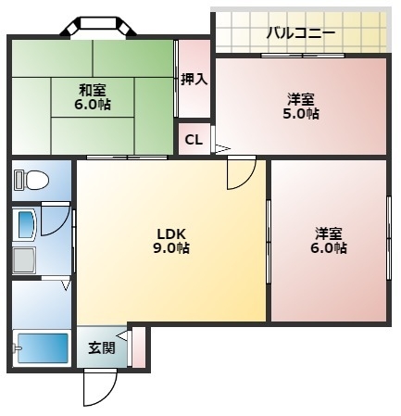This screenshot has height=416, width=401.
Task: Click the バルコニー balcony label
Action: pos(300,33)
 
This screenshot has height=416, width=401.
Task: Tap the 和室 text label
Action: pos(92,90)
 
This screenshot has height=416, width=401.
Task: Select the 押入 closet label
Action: pos(194,80)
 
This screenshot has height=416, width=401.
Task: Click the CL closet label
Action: pos(194,140)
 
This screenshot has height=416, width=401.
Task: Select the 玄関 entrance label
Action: pos(102,348)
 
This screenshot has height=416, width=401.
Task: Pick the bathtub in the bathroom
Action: pos(42,348)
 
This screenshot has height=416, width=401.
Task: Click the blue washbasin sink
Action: pos(26,223)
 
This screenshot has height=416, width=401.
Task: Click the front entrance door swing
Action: pos(98,387)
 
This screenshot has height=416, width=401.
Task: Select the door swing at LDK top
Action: pos(241,172)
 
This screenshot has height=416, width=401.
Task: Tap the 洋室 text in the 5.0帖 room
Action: pos(301,97)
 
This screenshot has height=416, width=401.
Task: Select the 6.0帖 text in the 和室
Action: pos(92,105)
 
